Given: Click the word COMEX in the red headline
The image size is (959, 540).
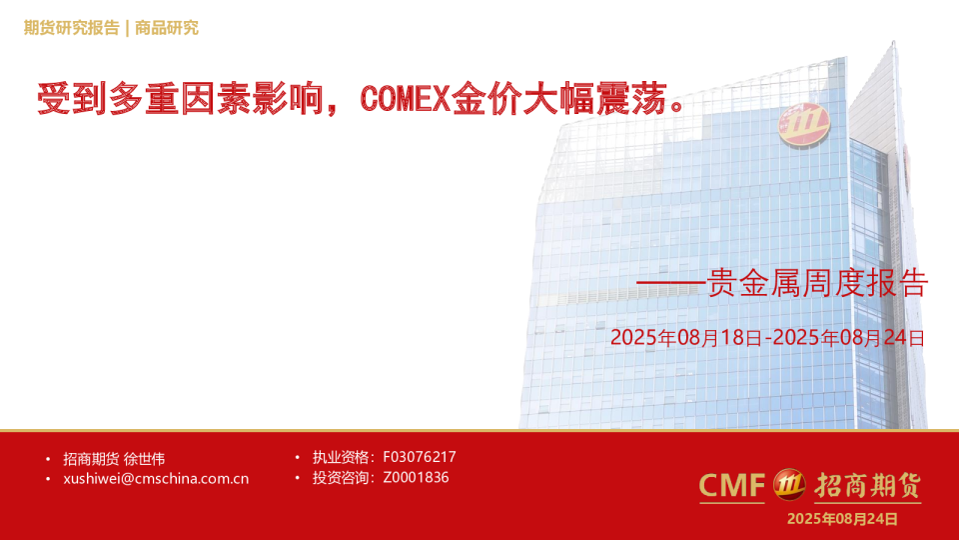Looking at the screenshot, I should (406, 99).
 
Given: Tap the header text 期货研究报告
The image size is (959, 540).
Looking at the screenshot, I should (71, 28).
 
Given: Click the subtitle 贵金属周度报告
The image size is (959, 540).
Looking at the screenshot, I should (817, 285).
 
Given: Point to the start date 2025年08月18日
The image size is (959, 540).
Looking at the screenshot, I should (685, 338).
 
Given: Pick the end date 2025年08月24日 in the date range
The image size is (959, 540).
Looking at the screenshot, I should (848, 338).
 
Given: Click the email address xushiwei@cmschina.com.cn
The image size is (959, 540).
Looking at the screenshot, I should (156, 479).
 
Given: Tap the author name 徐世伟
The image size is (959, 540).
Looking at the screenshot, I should (145, 459).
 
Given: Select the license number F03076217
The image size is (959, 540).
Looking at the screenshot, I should (420, 457).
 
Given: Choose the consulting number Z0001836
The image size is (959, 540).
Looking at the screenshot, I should (416, 478).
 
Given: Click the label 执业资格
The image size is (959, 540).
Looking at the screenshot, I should (340, 457).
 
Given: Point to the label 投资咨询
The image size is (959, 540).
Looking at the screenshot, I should (340, 478).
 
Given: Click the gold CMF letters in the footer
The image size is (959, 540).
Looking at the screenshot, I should (731, 486).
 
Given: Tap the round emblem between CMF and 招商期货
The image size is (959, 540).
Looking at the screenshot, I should (790, 485).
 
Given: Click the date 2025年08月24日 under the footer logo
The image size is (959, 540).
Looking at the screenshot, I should (842, 519).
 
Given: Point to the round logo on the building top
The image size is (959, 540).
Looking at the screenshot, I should (804, 124).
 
